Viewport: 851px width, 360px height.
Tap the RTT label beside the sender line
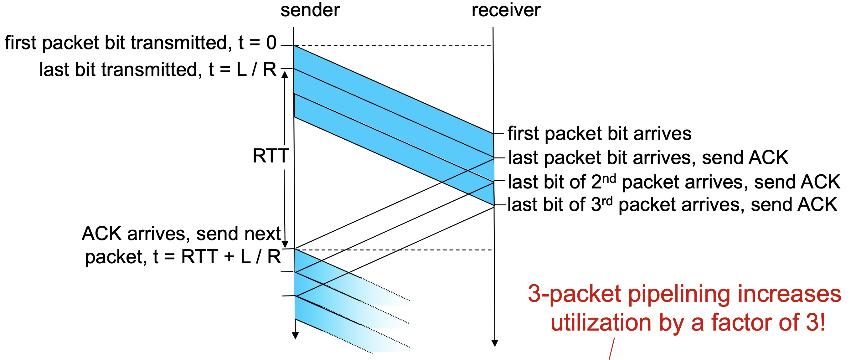point(271,156)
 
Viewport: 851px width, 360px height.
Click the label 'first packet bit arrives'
point(599,133)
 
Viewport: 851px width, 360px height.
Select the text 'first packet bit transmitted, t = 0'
point(140,43)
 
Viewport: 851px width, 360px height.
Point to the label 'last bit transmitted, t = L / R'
point(157,70)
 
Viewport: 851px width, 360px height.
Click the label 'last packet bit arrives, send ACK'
point(648,157)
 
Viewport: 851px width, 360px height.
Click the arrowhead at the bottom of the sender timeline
point(295,336)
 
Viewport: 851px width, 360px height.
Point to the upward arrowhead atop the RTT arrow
point(285,75)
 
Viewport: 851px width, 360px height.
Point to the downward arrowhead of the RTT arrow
point(286,244)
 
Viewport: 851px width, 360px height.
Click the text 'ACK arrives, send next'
point(181,234)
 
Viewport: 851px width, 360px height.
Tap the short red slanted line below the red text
point(611,349)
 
